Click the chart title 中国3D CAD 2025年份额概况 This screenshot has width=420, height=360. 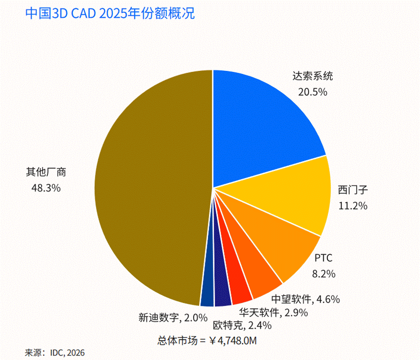pos(110,13)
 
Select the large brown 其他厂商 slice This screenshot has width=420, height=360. pos(150,188)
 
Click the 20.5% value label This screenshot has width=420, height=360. pos(313,92)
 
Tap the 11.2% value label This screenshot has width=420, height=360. pos(353,206)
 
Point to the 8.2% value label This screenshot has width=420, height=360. pos(324,274)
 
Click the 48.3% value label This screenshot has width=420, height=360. pos(46,188)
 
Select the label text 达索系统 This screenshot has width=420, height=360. pos(313,76)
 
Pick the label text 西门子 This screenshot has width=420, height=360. pos(353,190)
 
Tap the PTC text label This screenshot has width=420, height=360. pos(323,258)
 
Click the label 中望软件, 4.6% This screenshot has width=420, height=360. pos(306,299)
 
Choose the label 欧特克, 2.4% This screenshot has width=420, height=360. pos(242,326)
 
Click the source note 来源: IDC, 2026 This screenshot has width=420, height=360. pos(55,353)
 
